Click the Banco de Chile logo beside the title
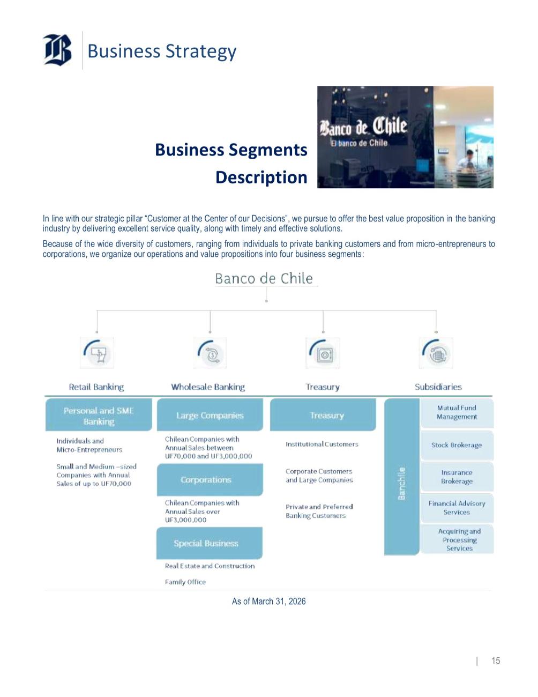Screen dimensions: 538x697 [x=57, y=50]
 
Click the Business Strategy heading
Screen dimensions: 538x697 [x=161, y=51]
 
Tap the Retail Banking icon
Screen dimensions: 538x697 [x=97, y=352]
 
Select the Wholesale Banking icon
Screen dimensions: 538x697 [x=210, y=352]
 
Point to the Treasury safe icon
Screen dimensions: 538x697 [x=323, y=353]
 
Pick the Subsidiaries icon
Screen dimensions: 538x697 [x=436, y=353]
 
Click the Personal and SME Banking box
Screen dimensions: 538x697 [x=99, y=416]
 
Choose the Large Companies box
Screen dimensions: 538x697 [x=210, y=415]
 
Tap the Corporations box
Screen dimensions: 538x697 [x=210, y=479]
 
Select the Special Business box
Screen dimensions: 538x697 [x=209, y=543]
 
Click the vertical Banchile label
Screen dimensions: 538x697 [x=402, y=484]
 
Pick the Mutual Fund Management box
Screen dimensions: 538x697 [x=457, y=412]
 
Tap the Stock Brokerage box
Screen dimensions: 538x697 [x=457, y=445]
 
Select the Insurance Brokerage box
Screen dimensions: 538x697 [x=457, y=477]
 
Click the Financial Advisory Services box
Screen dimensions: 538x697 [x=457, y=508]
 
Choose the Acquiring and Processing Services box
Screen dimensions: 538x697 [x=459, y=539]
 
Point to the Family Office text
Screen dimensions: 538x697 [x=185, y=582]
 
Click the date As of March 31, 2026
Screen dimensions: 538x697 [x=268, y=602]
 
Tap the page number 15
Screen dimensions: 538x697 [x=496, y=661]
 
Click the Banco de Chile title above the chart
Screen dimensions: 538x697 [x=264, y=278]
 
